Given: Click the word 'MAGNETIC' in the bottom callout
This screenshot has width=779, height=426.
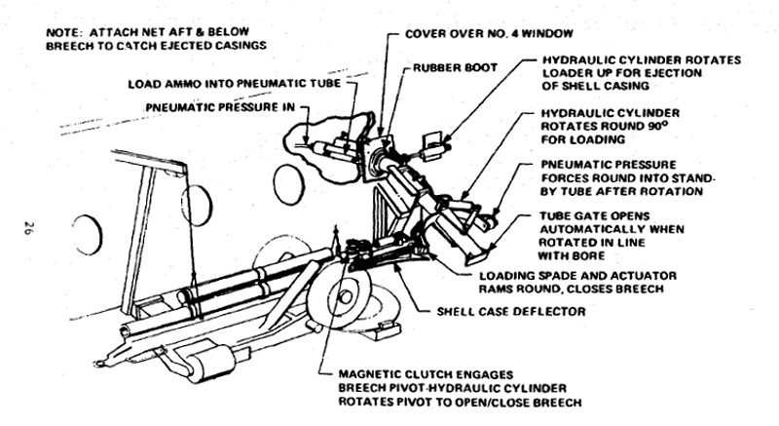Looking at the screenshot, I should point(372,372).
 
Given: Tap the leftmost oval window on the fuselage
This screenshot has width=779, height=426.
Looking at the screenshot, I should point(87,235).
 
